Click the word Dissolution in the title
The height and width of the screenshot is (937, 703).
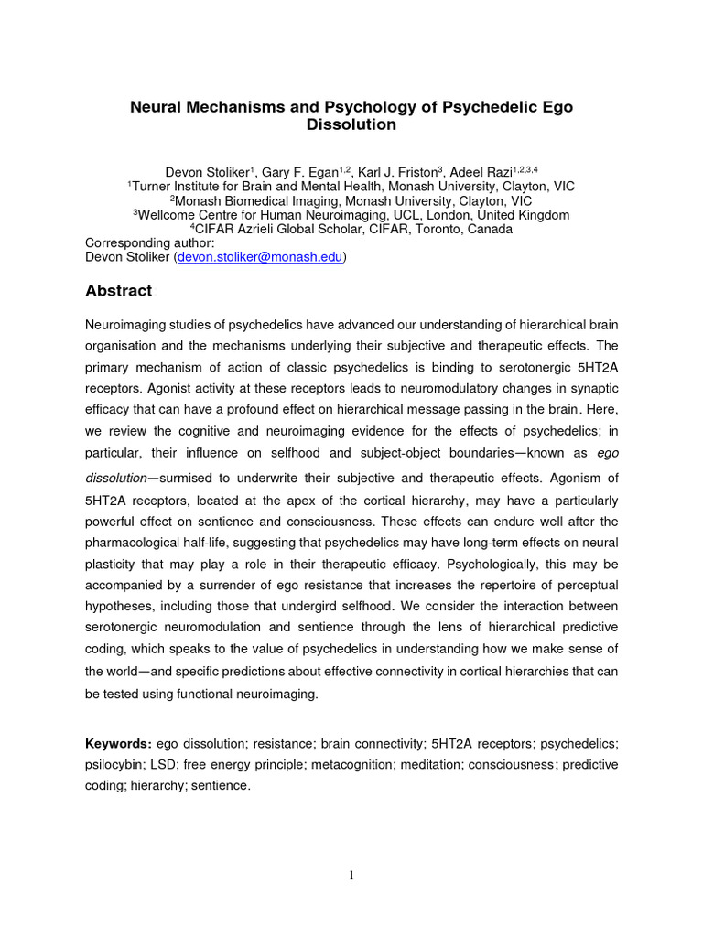click(351, 124)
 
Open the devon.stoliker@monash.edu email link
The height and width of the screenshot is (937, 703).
click(260, 258)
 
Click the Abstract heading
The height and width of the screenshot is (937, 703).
click(118, 291)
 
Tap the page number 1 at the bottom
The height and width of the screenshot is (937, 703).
click(351, 876)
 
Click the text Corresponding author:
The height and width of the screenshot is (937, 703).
click(149, 243)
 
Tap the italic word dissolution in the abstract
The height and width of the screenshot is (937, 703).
click(115, 479)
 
